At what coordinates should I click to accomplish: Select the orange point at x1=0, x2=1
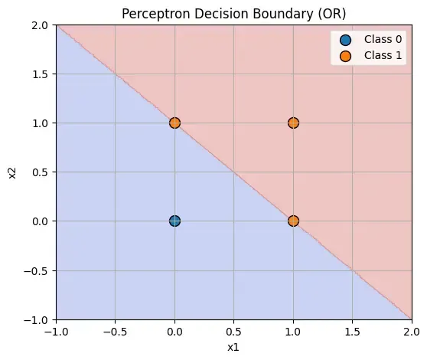tap(174, 123)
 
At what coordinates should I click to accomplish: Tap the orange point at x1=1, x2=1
tap(293, 123)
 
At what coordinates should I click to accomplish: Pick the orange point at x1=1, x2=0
tap(293, 221)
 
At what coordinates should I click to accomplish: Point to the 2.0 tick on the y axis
tap(38, 25)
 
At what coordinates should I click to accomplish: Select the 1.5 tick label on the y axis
tap(38, 74)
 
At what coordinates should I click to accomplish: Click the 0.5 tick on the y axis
tap(38, 172)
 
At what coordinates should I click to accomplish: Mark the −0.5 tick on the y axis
tap(35, 270)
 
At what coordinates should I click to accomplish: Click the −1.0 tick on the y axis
tap(35, 319)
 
